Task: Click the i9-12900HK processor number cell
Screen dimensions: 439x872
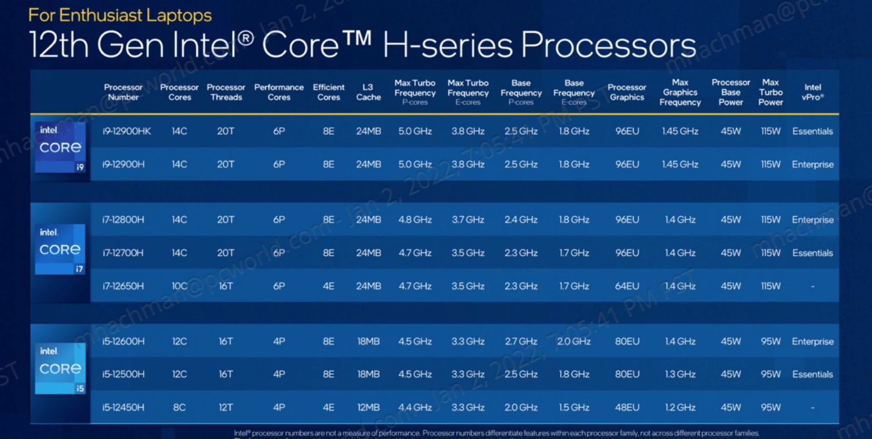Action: [x=126, y=131]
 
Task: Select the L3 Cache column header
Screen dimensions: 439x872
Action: [x=368, y=92]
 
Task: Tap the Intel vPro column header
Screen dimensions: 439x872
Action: [x=813, y=92]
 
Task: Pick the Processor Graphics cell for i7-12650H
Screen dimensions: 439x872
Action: [x=627, y=286]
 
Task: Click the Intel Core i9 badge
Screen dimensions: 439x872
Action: [x=60, y=148]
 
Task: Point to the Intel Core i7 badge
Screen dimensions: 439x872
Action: [x=60, y=249]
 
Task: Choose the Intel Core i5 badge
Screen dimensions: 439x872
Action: [x=60, y=368]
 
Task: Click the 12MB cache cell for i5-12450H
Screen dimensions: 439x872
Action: [x=368, y=407]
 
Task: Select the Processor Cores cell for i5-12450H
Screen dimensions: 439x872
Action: [x=179, y=407]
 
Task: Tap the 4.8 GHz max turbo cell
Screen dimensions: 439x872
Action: [x=415, y=220]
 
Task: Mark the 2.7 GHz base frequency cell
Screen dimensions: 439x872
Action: [x=521, y=341]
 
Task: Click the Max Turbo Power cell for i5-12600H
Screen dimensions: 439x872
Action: [x=770, y=341]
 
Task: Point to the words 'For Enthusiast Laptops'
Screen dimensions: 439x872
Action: [x=120, y=15]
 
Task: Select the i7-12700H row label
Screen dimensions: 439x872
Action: [x=123, y=253]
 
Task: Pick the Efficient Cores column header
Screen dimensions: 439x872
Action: [x=328, y=92]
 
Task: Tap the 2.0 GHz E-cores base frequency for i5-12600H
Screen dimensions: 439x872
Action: [x=574, y=341]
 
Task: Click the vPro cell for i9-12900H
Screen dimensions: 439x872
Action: [x=813, y=164]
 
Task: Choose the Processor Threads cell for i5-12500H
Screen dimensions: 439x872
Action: [x=226, y=374]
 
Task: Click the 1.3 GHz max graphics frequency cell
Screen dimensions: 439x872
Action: [x=680, y=374]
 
